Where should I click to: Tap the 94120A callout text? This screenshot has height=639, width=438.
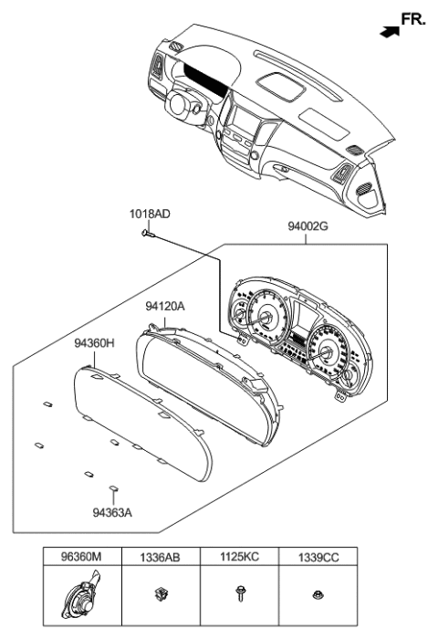tap(165, 308)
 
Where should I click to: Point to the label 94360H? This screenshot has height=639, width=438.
tap(94, 344)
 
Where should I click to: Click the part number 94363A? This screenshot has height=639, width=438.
tap(112, 512)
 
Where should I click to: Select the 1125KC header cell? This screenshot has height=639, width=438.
tap(239, 554)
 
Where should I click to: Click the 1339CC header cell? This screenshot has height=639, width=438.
tap(318, 554)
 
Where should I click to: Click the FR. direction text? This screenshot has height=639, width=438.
tap(413, 18)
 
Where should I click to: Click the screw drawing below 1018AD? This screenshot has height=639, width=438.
tap(146, 235)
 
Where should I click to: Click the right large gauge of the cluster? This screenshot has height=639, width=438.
tap(326, 346)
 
